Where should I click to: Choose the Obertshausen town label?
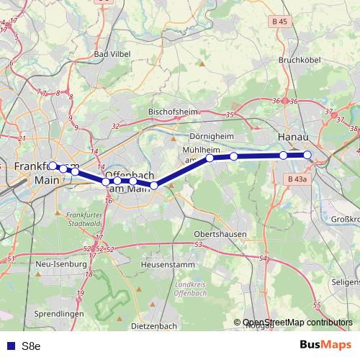[220, 235]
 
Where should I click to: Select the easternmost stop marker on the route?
[307, 155]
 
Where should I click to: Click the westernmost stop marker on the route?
[53, 166]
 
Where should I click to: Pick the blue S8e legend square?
[9, 346]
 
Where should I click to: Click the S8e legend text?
[31, 346]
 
